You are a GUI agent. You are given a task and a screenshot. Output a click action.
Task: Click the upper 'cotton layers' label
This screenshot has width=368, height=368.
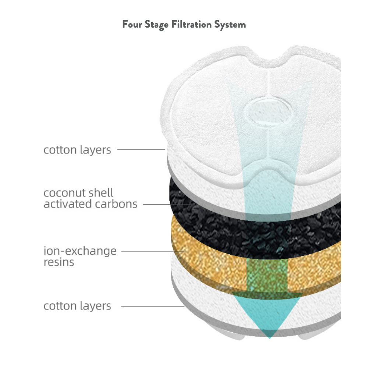tap(77, 150)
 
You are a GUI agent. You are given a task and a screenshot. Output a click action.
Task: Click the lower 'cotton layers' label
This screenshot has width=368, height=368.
tap(77, 306)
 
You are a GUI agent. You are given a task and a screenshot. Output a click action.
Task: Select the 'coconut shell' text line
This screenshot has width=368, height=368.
tap(78, 193)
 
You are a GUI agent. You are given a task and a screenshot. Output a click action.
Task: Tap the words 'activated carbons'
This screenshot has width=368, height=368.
tap(91, 204)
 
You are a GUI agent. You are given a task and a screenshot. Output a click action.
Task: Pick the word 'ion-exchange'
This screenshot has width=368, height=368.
tap(80, 251)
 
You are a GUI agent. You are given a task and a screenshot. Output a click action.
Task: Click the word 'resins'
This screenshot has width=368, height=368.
tap(59, 262)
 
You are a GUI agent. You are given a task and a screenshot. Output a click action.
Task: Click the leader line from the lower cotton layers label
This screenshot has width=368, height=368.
tap(153, 306)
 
